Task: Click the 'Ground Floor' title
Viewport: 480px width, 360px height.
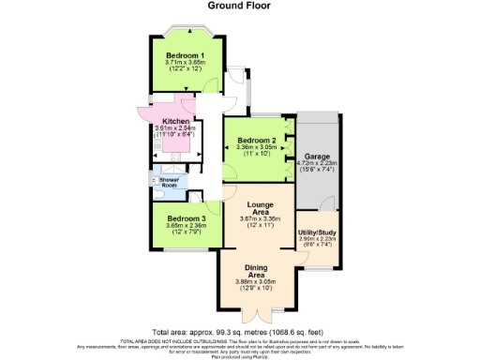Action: point(239,7)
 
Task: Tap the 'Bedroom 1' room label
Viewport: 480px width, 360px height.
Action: point(186,55)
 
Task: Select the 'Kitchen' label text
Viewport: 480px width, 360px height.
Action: point(176,122)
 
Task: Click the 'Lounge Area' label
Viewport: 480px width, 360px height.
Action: point(260,208)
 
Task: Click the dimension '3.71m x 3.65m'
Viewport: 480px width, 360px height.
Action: point(186,63)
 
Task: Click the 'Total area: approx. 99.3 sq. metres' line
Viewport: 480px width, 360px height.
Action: point(239,331)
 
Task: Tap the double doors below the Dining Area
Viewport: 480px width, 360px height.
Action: point(256,315)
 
